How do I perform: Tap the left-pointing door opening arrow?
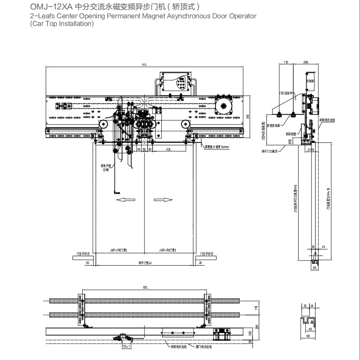(x=124, y=199)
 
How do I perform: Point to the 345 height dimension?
(x=248, y=117)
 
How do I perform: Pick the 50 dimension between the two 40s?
(x=144, y=149)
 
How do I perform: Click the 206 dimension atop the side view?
(x=305, y=63)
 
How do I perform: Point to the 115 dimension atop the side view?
(x=286, y=63)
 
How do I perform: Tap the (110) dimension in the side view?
(x=311, y=149)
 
